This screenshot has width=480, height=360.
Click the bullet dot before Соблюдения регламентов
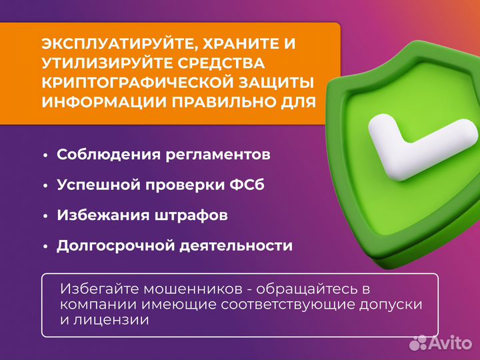45,155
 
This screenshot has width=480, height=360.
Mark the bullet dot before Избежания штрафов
45,216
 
